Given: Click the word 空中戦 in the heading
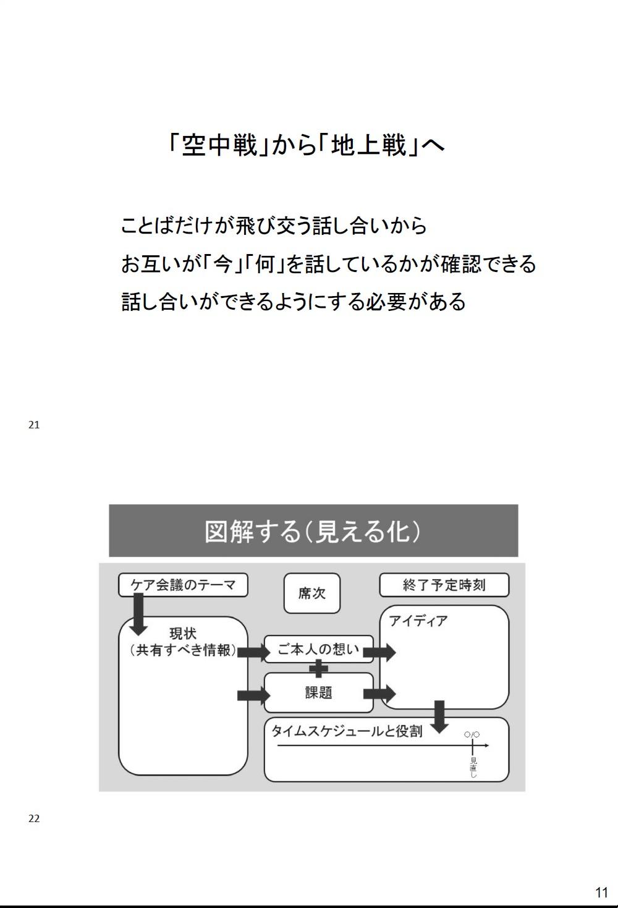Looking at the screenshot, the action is coord(219,145).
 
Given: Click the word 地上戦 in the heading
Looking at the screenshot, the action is coord(368,145).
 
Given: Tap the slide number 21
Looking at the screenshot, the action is coord(34,425).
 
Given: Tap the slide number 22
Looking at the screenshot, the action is coord(34,818).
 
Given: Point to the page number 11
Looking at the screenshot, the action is coord(602,892).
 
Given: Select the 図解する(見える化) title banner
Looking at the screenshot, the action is coord(313,530).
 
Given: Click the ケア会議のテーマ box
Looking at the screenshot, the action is coord(183,585).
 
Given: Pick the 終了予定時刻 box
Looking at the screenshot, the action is coord(444,585).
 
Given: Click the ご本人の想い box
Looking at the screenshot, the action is coord(318,650).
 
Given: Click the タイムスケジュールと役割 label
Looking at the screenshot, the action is coord(347,731).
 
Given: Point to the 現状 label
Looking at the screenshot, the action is coord(183,633).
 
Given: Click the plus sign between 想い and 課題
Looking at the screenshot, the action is coord(318,668).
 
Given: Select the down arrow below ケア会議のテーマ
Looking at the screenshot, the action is coord(138,614).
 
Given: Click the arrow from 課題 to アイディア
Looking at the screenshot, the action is coord(379,694).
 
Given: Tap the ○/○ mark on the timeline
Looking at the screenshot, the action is coord(472,734).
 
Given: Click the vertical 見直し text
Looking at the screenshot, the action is coord(473,767).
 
